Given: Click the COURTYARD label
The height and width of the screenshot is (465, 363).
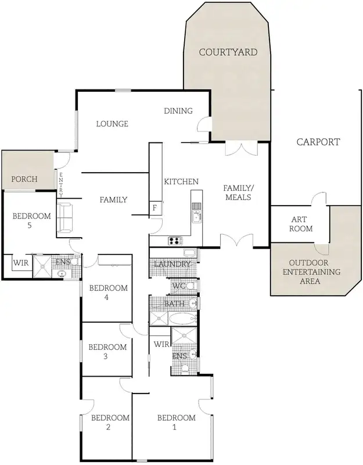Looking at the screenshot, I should [x=228, y=52].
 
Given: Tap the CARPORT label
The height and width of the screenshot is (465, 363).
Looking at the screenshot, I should [x=318, y=142].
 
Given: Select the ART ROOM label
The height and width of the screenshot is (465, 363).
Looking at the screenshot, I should [x=301, y=224].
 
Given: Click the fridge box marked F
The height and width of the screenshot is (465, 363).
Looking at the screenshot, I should [x=155, y=208].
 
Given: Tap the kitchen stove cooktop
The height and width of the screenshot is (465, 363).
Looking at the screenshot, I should [x=175, y=240].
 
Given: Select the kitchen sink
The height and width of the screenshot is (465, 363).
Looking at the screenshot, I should [x=196, y=217].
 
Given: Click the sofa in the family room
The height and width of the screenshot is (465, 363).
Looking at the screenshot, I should [x=64, y=216].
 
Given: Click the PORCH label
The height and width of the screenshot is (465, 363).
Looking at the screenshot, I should [x=24, y=179].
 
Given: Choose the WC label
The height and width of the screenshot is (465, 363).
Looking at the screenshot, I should [x=178, y=286].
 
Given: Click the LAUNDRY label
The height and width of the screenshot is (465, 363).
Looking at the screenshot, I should [x=172, y=264].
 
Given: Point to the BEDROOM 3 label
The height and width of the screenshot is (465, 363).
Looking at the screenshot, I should [x=107, y=352].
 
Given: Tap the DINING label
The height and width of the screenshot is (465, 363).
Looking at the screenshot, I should [x=178, y=111].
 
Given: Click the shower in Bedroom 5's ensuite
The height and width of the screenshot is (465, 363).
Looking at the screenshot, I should [x=42, y=267].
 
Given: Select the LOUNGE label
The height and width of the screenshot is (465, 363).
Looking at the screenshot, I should [x=112, y=123].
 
